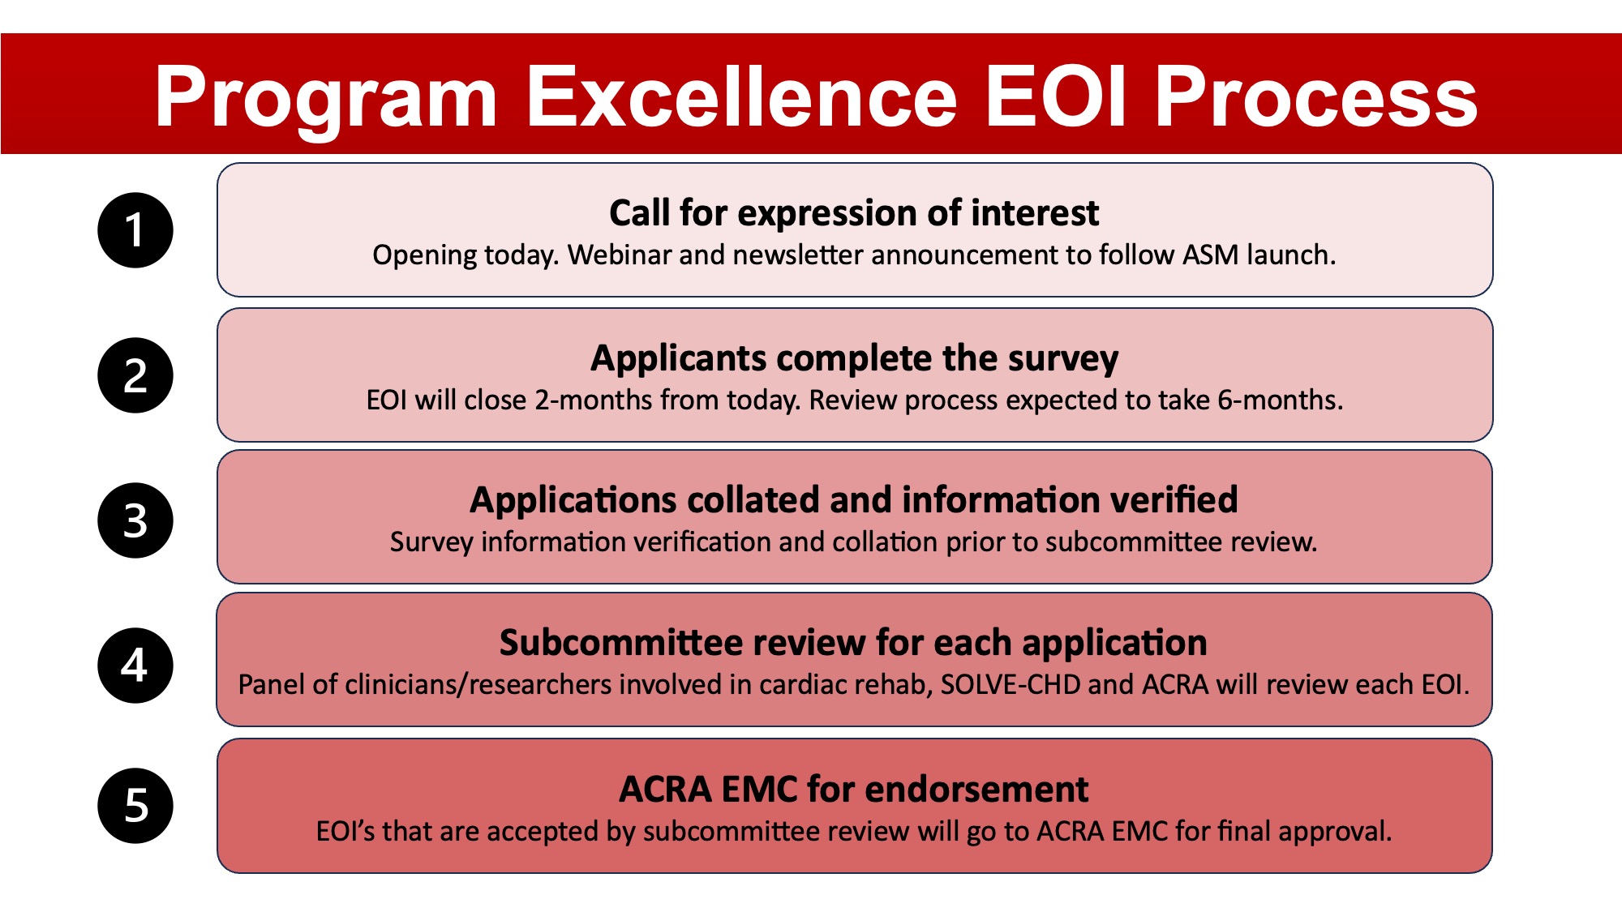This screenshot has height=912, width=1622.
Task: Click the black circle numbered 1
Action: tap(135, 230)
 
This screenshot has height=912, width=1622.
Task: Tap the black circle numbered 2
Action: tap(135, 375)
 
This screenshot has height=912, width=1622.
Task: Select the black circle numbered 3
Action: tap(135, 520)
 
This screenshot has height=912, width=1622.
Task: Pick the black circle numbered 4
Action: tap(135, 666)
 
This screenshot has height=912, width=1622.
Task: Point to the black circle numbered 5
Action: tap(135, 806)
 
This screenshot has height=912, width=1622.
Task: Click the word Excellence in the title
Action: tap(742, 96)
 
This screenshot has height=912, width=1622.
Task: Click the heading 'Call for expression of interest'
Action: tap(854, 212)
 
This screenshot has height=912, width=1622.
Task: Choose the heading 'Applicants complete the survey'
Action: tap(854, 358)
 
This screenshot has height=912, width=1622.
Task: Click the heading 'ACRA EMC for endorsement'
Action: tap(854, 789)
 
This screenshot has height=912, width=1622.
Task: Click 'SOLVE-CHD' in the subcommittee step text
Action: tap(1011, 684)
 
